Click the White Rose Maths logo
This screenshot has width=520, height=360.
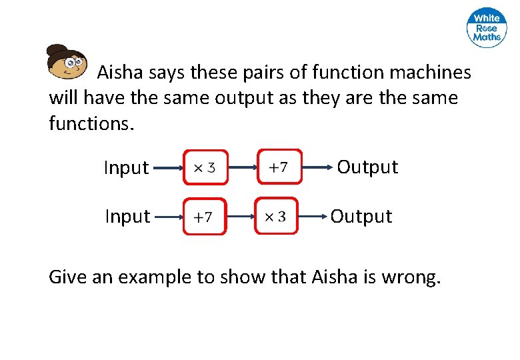[x=487, y=29]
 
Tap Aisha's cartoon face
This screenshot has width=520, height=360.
[x=67, y=62]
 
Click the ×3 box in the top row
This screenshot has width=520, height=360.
[x=204, y=167]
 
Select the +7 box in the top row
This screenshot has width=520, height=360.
[x=278, y=167]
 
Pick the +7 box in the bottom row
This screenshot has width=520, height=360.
[x=204, y=217]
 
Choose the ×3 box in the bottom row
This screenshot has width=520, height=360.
[x=277, y=216]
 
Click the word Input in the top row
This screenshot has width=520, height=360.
[x=126, y=168]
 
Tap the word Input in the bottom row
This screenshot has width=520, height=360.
[x=127, y=217]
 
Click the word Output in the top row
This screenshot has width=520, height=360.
[x=367, y=167]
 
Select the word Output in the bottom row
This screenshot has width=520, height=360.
[x=361, y=217]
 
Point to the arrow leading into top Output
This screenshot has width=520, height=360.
[x=317, y=167]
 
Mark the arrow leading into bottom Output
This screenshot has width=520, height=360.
[x=314, y=216]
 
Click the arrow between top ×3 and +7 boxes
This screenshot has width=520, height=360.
[x=241, y=167]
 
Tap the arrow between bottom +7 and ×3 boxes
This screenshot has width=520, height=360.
[x=241, y=216]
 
